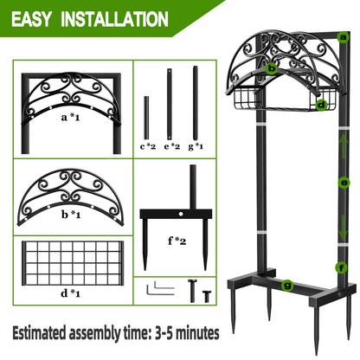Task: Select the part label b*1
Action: pyautogui.click(x=71, y=214)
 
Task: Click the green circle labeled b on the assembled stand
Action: pyautogui.click(x=272, y=67)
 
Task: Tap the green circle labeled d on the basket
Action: pyautogui.click(x=321, y=105)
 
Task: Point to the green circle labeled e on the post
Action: pyautogui.click(x=345, y=183)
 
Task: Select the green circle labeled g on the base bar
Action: pyautogui.click(x=286, y=283)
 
